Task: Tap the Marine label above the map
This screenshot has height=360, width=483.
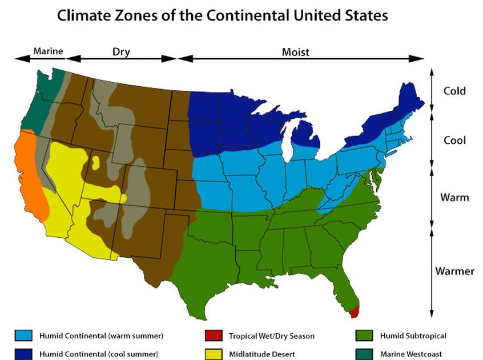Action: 47,52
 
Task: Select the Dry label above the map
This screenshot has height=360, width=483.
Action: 121,52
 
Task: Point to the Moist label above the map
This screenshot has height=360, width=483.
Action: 295,52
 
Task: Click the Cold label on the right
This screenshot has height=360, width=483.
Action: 454,91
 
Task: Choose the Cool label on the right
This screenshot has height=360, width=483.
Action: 454,141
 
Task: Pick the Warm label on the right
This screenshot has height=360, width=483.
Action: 454,198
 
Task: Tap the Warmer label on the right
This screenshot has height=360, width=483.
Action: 454,270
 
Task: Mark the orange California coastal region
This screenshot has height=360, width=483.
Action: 29,171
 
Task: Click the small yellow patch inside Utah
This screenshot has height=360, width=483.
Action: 96,163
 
